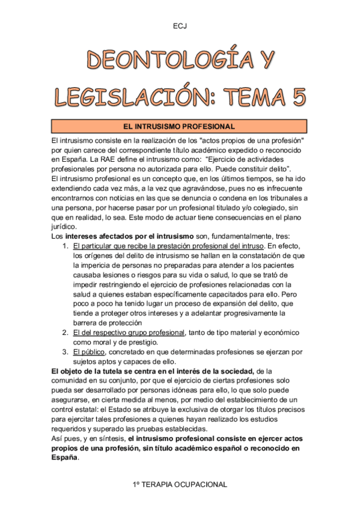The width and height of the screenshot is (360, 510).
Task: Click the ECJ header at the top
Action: pos(180,26)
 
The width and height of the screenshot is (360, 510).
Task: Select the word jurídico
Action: pos(65,227)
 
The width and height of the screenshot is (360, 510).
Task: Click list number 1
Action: pos(66,247)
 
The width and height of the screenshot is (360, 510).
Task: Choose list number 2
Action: pos(66,333)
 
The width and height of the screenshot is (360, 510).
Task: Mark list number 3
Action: pos(66,352)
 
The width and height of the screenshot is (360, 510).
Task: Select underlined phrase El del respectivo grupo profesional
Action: pos(129,333)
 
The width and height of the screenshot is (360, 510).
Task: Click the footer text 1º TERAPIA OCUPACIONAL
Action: pos(180,484)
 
